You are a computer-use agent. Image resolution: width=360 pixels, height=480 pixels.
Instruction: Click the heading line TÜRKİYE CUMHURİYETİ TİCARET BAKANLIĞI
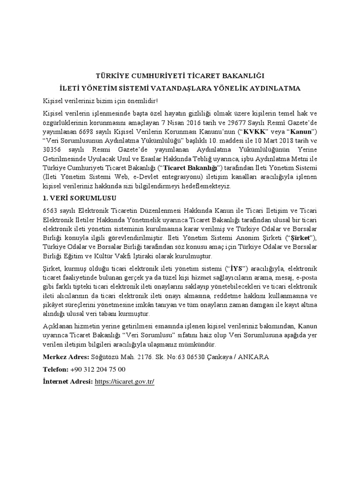[x=180, y=75]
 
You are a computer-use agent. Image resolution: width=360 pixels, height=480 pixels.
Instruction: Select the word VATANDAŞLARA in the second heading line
[x=199, y=88]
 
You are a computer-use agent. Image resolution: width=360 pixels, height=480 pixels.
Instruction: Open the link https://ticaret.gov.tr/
[x=124, y=382]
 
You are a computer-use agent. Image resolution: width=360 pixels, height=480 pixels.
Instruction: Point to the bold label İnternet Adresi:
[x=67, y=382]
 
